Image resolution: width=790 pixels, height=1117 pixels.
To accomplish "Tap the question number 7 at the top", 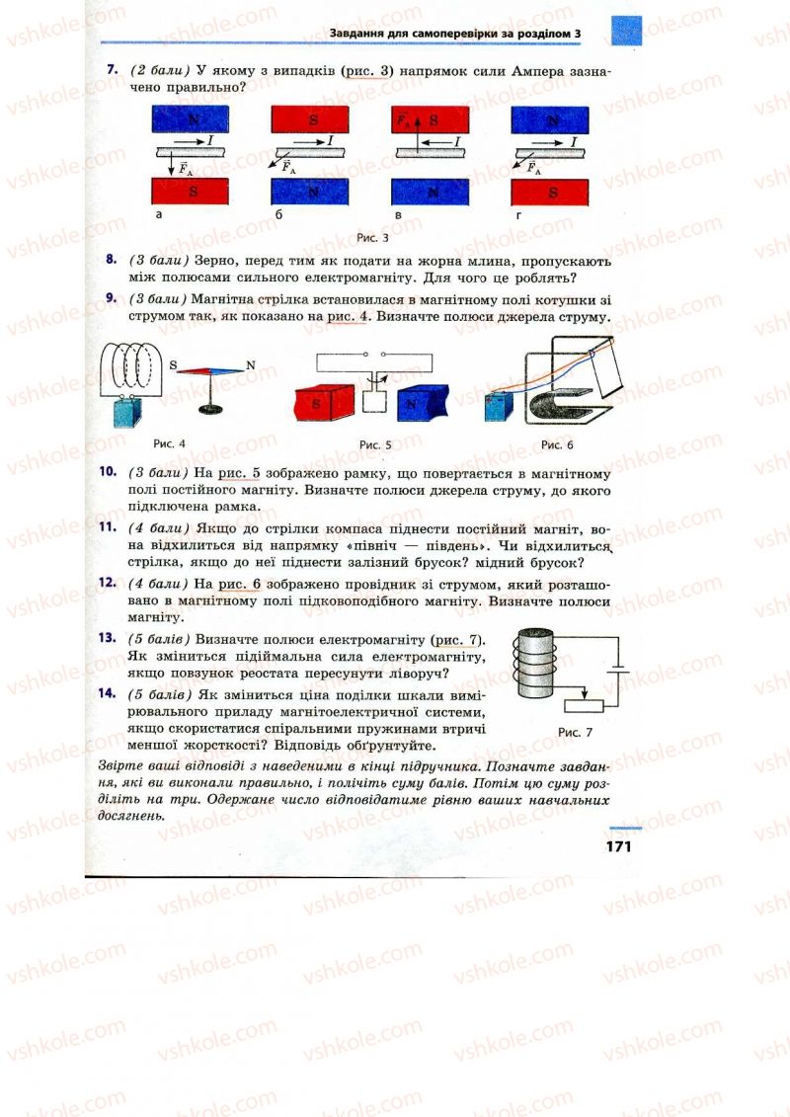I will (113, 71).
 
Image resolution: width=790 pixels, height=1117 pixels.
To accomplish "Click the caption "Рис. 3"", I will (371, 238).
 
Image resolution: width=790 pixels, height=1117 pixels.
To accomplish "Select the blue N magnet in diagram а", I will (191, 120).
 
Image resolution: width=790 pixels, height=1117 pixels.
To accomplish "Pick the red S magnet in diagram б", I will (312, 120).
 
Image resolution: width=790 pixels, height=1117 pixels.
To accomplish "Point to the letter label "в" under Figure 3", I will (395, 214).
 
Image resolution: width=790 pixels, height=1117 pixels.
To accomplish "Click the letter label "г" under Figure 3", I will (515, 214).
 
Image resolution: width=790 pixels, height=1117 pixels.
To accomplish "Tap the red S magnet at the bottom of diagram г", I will (550, 192).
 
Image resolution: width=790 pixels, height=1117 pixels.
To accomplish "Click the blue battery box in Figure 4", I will (125, 411).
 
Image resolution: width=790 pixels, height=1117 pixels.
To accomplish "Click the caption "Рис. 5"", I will (375, 444).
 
